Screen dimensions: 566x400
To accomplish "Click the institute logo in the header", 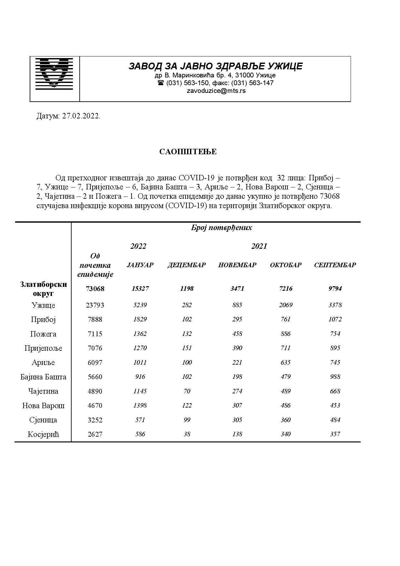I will pyautogui.click(x=55, y=73).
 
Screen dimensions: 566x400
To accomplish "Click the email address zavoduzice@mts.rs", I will pyautogui.click(x=216, y=91).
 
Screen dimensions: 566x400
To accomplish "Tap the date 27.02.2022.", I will pyautogui.click(x=81, y=116).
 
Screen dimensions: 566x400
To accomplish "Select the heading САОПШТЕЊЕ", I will pyautogui.click(x=188, y=152).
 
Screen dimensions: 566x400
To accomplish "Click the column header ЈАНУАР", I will pyautogui.click(x=140, y=265).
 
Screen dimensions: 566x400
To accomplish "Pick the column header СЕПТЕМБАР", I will pyautogui.click(x=335, y=265).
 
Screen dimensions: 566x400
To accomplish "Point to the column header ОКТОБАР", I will pyautogui.click(x=285, y=265).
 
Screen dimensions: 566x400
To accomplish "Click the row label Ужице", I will pyautogui.click(x=43, y=305).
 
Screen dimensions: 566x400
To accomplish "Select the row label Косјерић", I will pyautogui.click(x=43, y=434).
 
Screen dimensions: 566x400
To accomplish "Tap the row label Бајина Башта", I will pyautogui.click(x=43, y=377).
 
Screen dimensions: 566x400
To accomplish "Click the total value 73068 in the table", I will pyautogui.click(x=95, y=289).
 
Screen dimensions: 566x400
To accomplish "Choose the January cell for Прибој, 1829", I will pyautogui.click(x=140, y=319).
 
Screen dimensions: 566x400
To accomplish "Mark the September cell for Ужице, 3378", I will pyautogui.click(x=335, y=305).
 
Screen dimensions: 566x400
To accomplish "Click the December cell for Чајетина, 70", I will pyautogui.click(x=187, y=391).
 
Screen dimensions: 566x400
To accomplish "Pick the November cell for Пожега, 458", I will pyautogui.click(x=237, y=334).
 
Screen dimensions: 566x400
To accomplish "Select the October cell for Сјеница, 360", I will pyautogui.click(x=285, y=420).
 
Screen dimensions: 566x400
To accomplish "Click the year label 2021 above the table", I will pyautogui.click(x=259, y=246).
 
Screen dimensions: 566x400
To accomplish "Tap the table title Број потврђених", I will pyautogui.click(x=221, y=228).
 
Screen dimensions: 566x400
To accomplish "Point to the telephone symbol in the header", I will pyautogui.click(x=161, y=83).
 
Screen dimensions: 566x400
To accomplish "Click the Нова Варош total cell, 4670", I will pyautogui.click(x=95, y=406).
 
